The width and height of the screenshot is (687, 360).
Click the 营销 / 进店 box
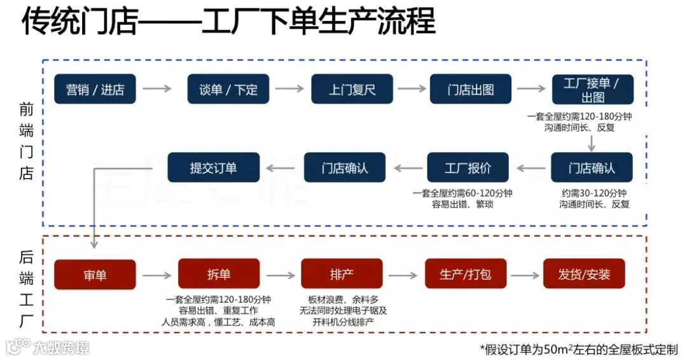[95, 89]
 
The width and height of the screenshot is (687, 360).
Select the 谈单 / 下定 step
[228, 89]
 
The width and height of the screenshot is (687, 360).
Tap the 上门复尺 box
[352, 89]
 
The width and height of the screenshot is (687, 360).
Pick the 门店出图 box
[471, 89]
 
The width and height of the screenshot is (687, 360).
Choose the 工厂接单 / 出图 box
[592, 90]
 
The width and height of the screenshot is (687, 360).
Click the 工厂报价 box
[468, 168]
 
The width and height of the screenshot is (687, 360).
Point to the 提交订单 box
[213, 168]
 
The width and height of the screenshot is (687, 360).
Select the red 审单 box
[95, 275]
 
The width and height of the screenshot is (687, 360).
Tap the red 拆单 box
[218, 274]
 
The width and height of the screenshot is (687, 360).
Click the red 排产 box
[342, 274]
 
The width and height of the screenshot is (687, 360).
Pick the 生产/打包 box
[466, 275]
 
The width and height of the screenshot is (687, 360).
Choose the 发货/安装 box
[584, 275]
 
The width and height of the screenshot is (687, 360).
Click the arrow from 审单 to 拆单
[156, 275]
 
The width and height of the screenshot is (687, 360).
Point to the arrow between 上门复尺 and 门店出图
[412, 88]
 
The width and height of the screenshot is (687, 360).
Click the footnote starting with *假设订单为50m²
[579, 349]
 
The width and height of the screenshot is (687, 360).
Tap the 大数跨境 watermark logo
[48, 347]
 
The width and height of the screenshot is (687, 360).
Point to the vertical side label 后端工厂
[26, 289]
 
